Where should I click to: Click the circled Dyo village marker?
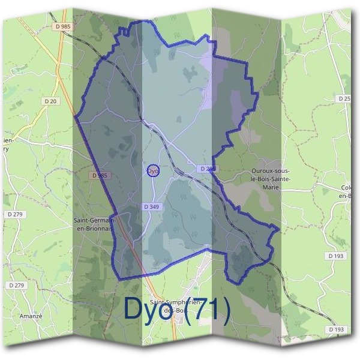(152, 171)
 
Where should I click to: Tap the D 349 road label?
(152, 206)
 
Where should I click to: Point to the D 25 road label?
(344, 98)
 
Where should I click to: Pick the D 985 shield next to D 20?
(61, 26)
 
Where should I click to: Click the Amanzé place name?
(31, 316)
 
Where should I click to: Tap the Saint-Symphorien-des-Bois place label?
(174, 305)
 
